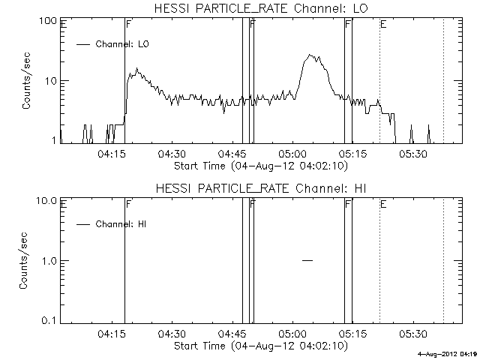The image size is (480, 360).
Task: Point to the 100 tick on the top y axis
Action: coord(49,20)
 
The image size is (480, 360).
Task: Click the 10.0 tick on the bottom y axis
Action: coord(47,200)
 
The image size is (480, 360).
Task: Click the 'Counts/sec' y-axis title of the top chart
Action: coord(26,80)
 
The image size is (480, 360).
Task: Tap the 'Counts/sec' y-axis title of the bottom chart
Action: coord(26,260)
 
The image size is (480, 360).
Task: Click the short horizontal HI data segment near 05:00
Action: coord(307,260)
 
